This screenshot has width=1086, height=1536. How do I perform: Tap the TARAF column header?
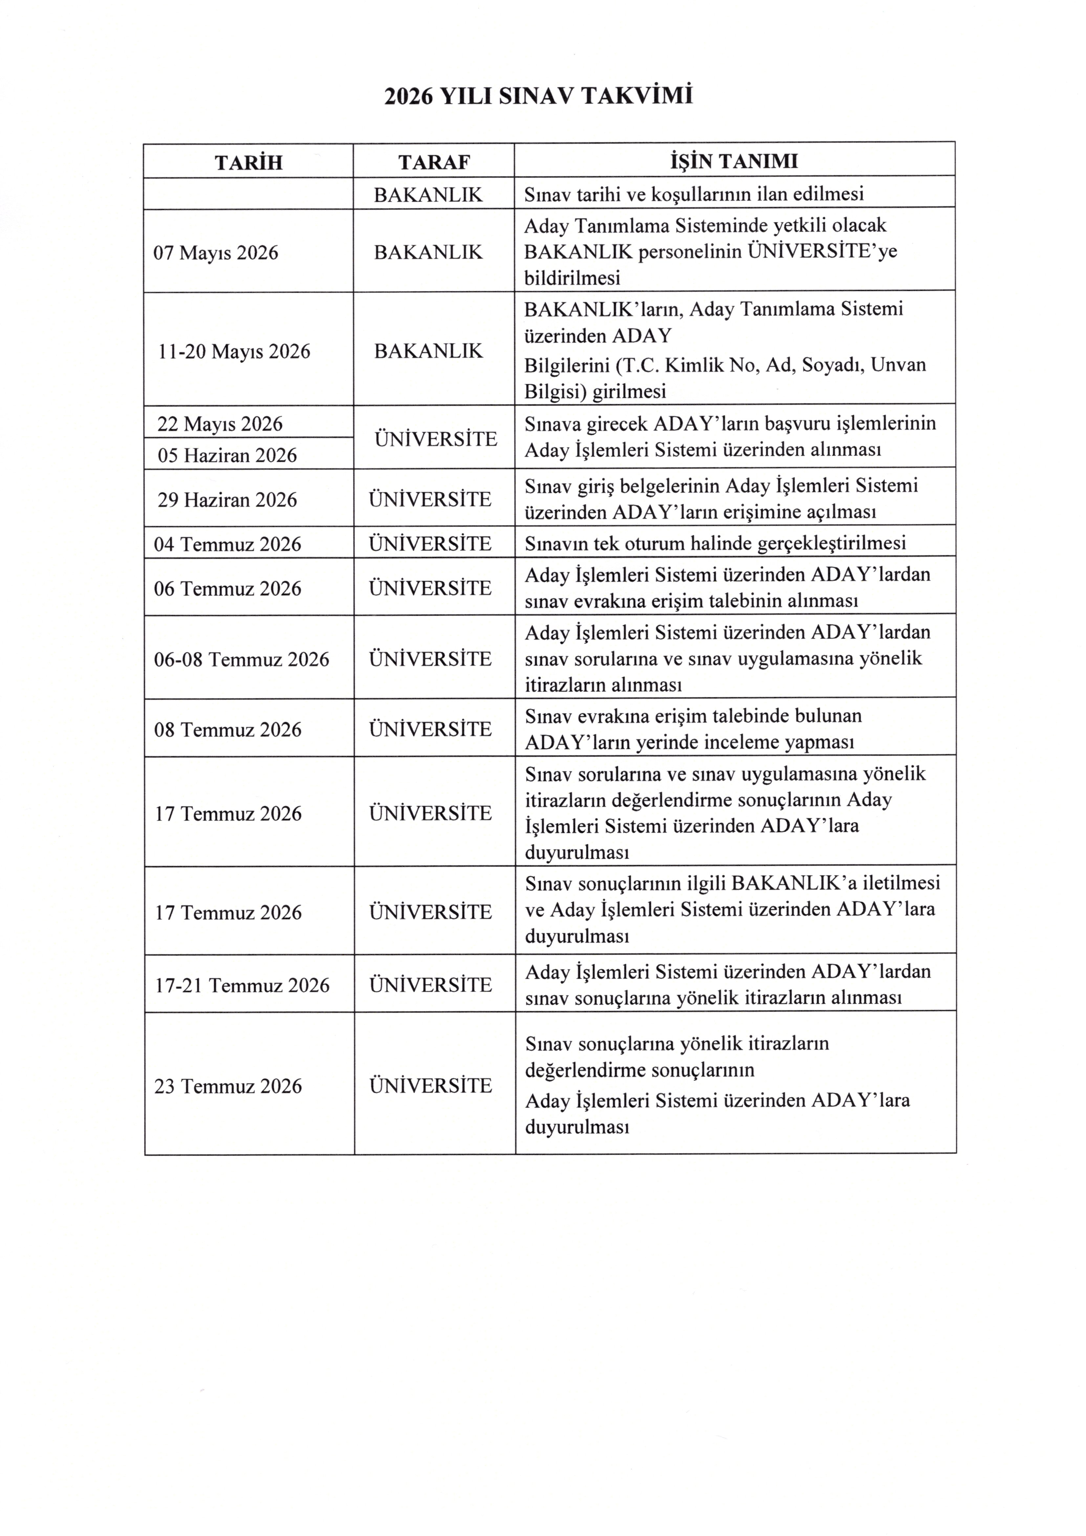coord(434,163)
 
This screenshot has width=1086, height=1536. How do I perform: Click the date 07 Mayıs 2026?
coord(216,253)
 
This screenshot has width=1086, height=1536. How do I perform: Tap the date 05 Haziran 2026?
coord(228,456)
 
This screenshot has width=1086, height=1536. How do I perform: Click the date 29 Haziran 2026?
coord(228,500)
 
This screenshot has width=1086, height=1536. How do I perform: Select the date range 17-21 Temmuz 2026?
coord(242,985)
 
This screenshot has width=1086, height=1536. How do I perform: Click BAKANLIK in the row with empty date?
coord(428,195)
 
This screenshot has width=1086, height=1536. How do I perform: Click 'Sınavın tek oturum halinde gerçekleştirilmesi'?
coord(715,543)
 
